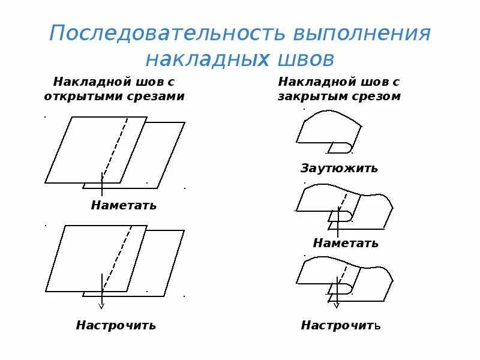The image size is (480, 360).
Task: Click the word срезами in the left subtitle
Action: coord(158,95)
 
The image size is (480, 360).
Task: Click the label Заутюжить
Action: coord(340,168)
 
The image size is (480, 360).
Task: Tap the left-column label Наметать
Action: coord(124,205)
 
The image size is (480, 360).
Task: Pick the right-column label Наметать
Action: coord(346,243)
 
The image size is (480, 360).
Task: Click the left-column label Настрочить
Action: coord(116,325)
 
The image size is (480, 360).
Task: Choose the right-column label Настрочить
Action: coord(341,325)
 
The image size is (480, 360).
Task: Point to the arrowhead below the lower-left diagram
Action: coord(102,304)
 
